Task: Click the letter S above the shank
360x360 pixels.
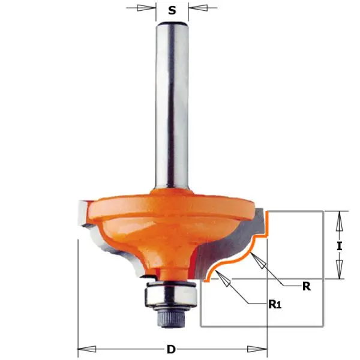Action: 172,10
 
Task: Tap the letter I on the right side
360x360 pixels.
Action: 340,245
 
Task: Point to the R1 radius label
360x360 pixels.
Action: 274,305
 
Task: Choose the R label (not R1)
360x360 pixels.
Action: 306,286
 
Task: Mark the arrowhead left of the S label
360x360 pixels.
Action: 146,9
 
